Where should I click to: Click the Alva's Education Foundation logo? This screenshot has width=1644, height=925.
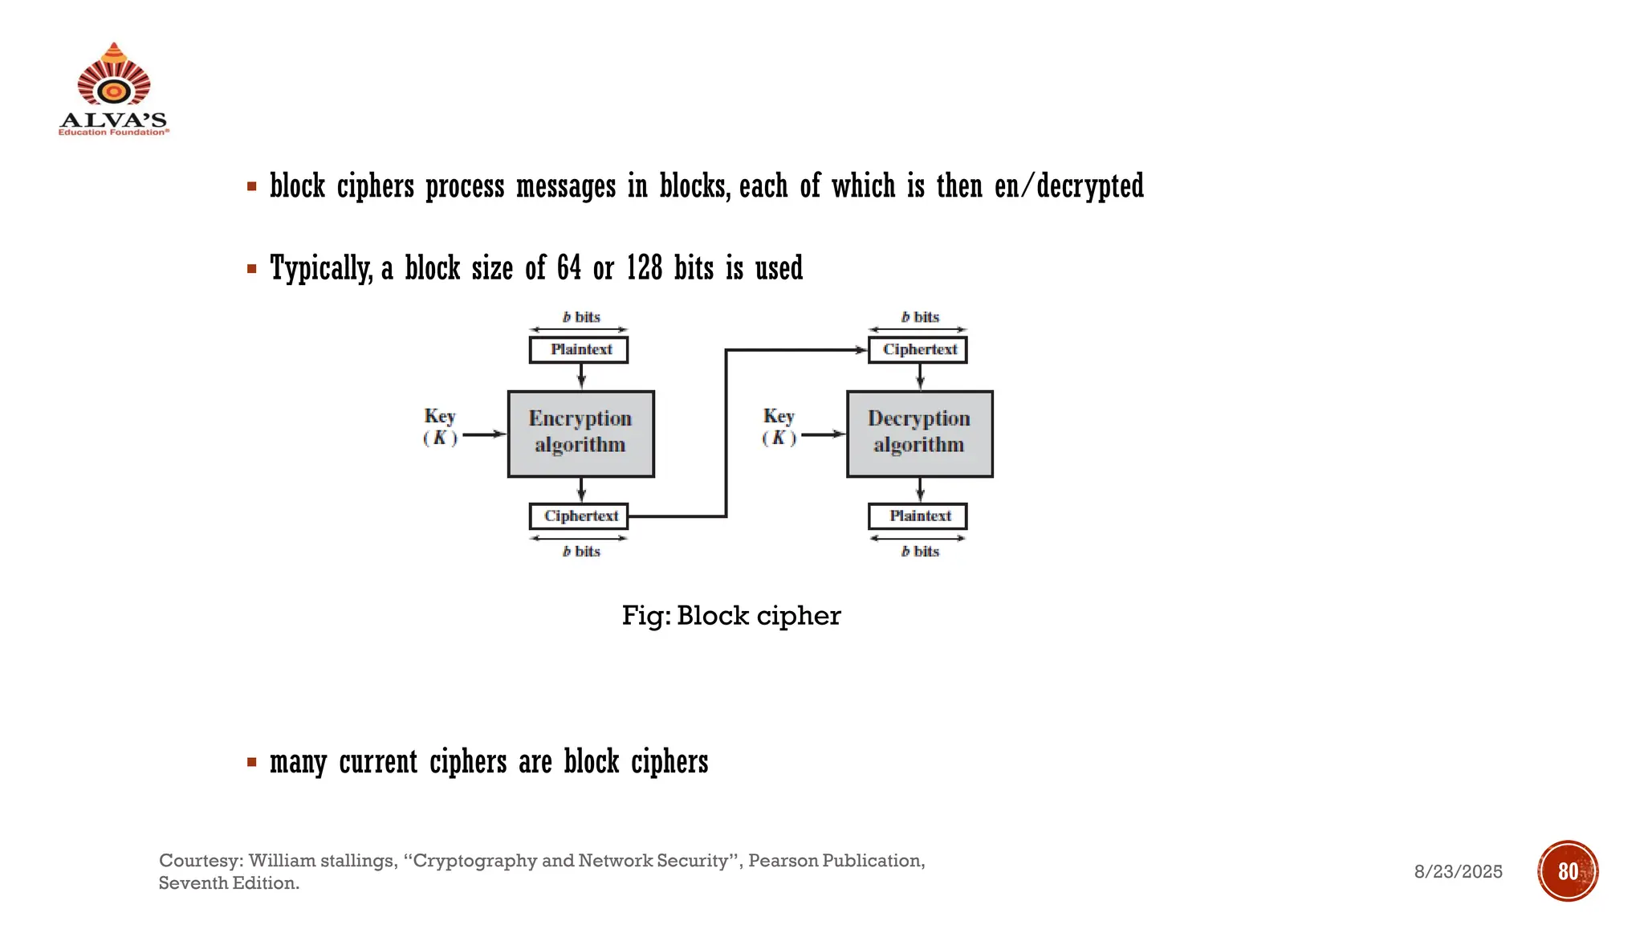(113, 89)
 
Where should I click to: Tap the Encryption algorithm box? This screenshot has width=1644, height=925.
(580, 434)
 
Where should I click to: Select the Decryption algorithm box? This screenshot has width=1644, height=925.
(919, 434)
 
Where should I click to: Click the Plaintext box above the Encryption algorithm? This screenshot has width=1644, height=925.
(579, 350)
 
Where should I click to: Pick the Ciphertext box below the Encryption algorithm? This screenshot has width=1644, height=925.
(579, 516)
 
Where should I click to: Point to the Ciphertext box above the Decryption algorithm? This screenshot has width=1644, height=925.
(918, 350)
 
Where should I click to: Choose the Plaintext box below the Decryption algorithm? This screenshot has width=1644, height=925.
(918, 516)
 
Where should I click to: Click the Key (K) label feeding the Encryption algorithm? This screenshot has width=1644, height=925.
(440, 426)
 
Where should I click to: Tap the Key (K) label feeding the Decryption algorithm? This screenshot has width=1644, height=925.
(779, 426)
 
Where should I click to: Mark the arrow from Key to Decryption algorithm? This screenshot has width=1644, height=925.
(823, 434)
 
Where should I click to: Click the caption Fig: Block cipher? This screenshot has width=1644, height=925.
(730, 616)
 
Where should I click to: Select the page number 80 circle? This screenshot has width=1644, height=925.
(1568, 871)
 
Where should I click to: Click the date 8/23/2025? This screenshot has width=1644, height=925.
(1458, 872)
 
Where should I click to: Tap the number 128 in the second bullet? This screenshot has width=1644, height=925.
(644, 268)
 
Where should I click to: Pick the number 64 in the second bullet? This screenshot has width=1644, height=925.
(568, 268)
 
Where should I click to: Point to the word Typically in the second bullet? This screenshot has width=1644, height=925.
(320, 268)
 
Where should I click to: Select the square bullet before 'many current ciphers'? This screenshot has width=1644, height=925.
(252, 762)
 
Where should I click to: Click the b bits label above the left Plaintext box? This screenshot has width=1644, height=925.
(581, 317)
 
